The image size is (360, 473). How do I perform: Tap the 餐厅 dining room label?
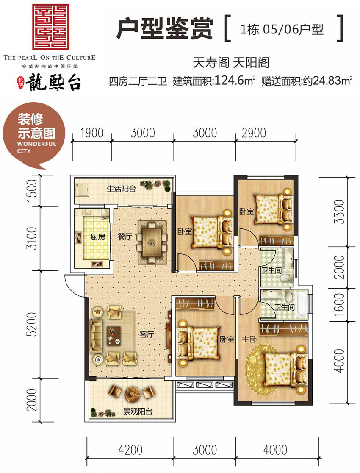[x=125, y=238]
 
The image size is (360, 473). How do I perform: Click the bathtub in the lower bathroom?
[x=301, y=305]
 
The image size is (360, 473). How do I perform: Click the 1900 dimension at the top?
[x=91, y=133]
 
